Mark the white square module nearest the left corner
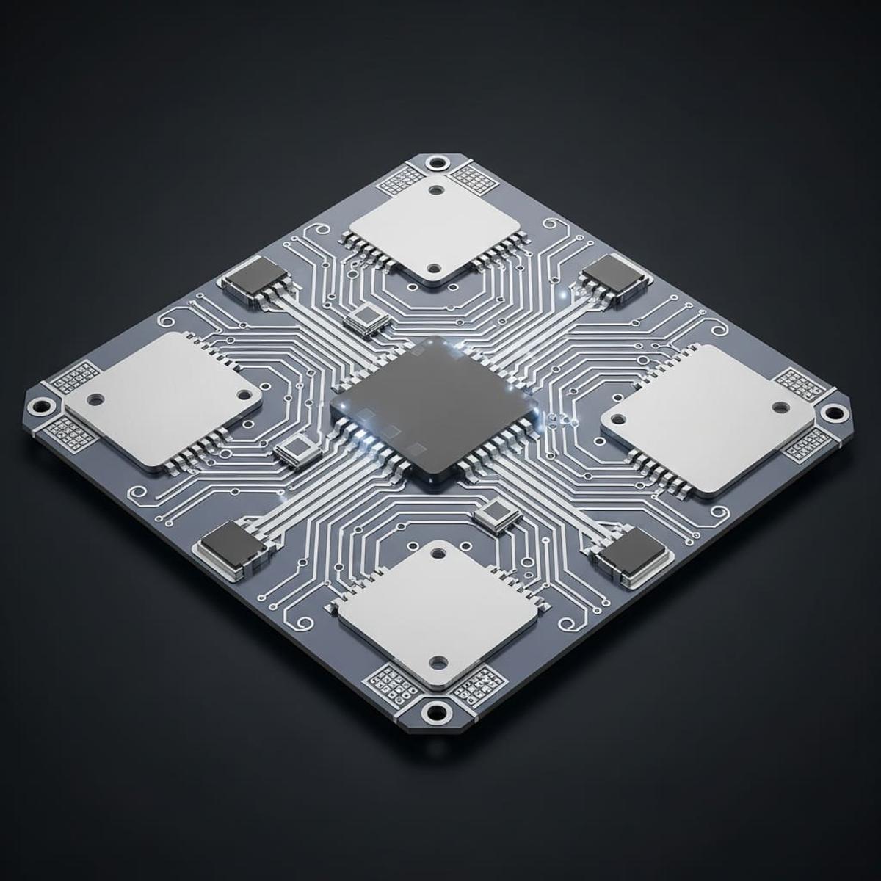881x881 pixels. tap(162, 400)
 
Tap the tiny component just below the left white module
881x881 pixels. tap(297, 449)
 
